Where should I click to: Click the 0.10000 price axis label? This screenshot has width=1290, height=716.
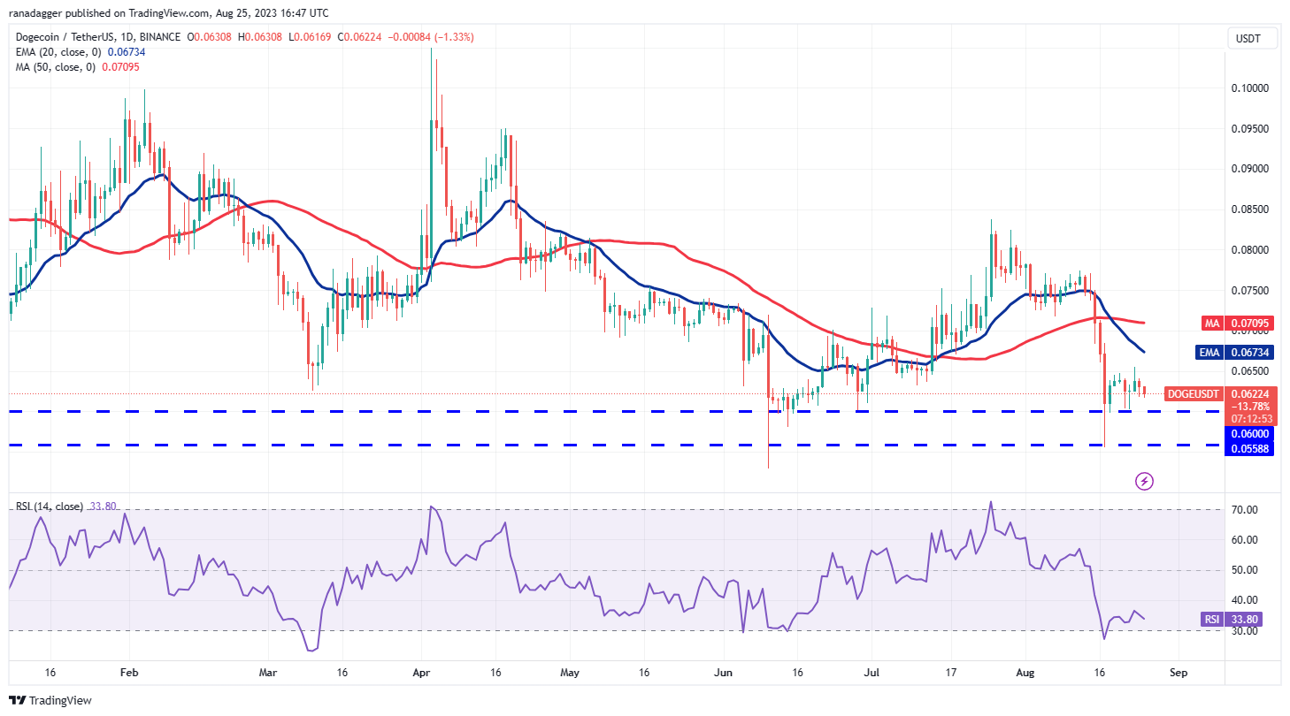[x=1249, y=88]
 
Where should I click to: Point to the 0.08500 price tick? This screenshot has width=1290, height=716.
[x=1249, y=209]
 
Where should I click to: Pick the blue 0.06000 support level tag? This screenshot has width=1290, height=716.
[x=1248, y=433]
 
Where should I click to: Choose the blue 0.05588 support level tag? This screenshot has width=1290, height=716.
[x=1248, y=449]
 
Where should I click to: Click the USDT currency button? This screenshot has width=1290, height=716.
[x=1249, y=39]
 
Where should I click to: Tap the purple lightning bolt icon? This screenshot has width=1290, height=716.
[x=1144, y=481]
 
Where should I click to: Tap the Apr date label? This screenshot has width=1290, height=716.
[x=422, y=673]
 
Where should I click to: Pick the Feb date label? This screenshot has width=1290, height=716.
[x=128, y=673]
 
